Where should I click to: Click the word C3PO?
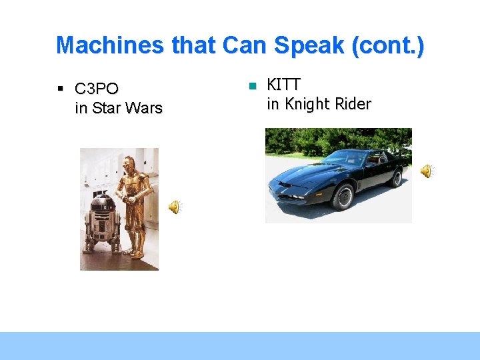pos(97,89)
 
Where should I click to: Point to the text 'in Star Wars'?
pos(119,108)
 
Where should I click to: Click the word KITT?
pos(284,85)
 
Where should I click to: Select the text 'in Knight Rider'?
pos(319,104)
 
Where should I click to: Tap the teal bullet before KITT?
pos(252,86)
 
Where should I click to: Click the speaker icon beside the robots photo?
pos(174,207)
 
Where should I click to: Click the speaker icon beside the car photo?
pos(426,171)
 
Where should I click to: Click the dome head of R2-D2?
pos(103,201)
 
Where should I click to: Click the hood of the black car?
pos(307,175)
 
